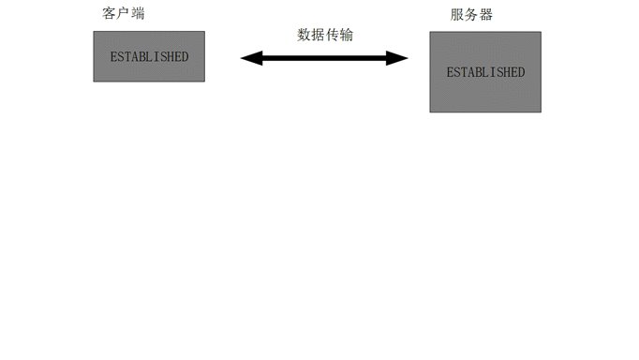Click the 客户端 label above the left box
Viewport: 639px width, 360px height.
click(124, 14)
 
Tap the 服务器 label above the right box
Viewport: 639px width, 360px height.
click(471, 15)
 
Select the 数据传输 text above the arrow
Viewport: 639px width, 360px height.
click(325, 35)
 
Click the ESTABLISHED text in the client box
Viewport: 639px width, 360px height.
click(149, 56)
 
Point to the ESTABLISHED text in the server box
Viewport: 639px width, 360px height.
click(485, 72)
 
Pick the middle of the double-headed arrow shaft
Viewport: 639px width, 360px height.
click(324, 58)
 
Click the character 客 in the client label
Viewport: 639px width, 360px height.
click(110, 14)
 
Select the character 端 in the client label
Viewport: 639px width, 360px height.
click(138, 14)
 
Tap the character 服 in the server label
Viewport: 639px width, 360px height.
click(457, 15)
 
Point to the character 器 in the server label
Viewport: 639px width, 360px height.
click(485, 15)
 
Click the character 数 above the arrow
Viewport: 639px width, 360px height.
click(305, 35)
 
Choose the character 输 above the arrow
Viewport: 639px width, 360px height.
click(347, 35)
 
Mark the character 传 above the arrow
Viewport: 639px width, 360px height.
click(333, 35)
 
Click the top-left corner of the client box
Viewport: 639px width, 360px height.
click(94, 32)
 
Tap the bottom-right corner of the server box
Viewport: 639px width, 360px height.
click(541, 112)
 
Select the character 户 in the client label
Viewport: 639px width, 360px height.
click(124, 14)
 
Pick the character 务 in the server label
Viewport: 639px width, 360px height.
click(471, 15)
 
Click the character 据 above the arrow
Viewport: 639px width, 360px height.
click(319, 35)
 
